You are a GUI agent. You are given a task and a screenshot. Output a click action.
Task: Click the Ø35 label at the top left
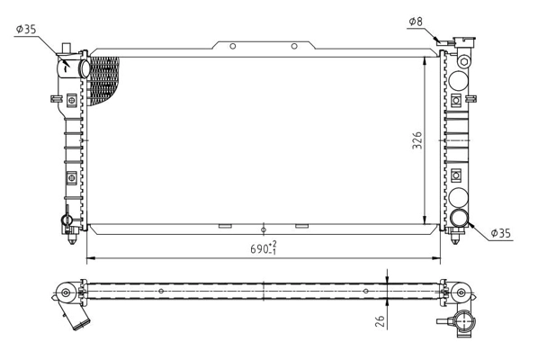click(x=25, y=29)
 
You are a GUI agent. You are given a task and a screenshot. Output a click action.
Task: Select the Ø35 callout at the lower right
click(x=501, y=233)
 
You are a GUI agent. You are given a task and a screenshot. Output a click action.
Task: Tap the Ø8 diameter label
click(x=415, y=20)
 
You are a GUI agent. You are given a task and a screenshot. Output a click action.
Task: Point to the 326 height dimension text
click(x=417, y=139)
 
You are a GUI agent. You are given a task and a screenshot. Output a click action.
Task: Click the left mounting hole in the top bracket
click(x=232, y=46)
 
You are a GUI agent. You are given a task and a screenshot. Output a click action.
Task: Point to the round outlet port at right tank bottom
click(x=460, y=218)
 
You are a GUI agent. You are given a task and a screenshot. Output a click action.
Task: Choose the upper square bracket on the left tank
click(x=71, y=101)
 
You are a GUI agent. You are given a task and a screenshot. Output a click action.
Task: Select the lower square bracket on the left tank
click(x=71, y=175)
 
